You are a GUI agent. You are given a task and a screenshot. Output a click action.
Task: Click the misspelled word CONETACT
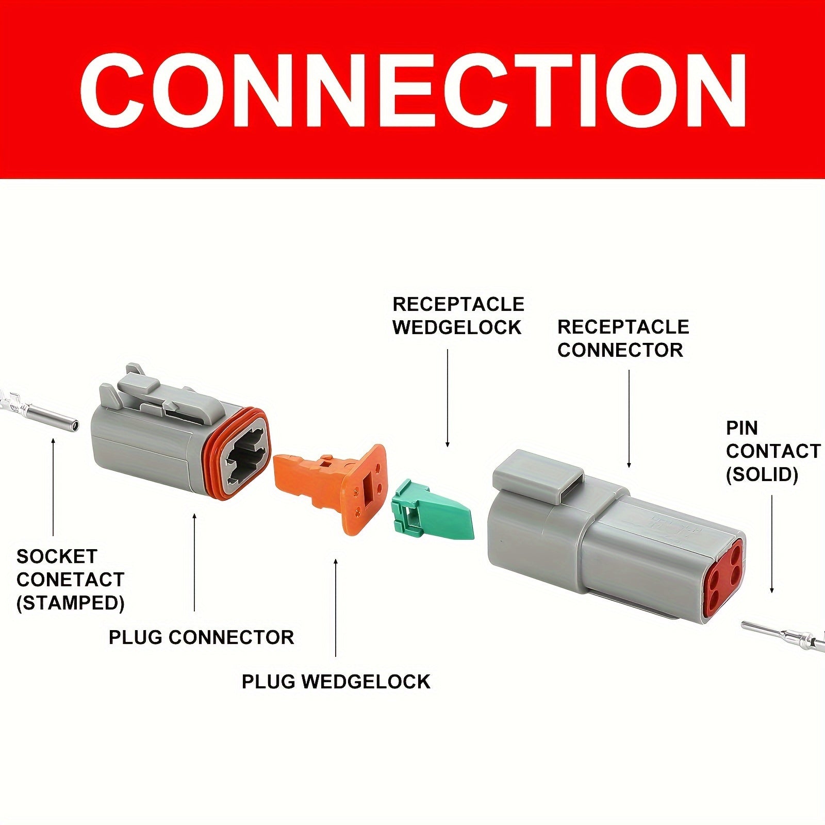pos(71,580)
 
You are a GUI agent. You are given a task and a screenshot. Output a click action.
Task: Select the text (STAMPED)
pos(71,603)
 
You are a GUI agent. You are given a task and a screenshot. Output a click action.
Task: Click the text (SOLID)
pos(762,474)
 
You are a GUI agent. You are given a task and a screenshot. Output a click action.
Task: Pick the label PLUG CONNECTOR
pos(201,637)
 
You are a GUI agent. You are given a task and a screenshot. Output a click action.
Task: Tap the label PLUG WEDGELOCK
pos(336,682)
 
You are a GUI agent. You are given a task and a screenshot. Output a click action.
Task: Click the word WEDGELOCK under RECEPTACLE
pos(457,327)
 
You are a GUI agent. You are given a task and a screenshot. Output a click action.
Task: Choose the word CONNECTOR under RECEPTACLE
pos(620,350)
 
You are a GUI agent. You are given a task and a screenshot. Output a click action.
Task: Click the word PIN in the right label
pos(742,428)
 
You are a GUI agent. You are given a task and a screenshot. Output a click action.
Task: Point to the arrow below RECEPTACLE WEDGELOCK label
pos(448,398)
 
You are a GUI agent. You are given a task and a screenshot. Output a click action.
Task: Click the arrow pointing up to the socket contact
pos(53,487)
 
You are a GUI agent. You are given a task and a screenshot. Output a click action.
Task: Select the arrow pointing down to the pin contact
pos(772,544)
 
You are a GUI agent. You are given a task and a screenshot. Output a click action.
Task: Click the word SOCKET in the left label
pos(57,556)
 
